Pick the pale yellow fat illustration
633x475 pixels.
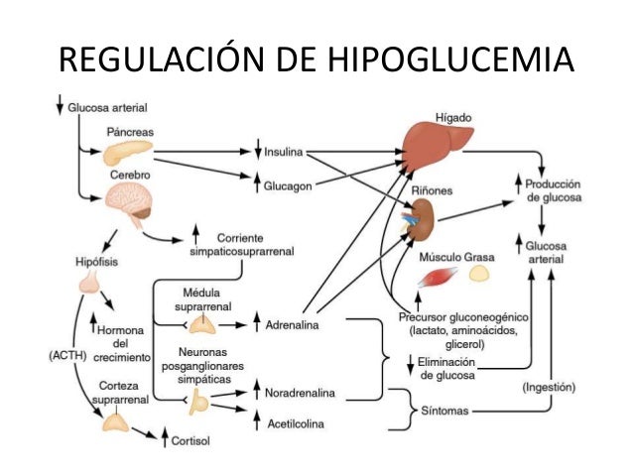(x=479, y=273)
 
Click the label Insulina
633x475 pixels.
(x=284, y=153)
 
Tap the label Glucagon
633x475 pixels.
(x=289, y=185)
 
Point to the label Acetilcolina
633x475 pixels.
(x=298, y=423)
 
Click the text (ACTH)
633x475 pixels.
(x=67, y=352)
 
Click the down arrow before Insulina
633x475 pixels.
(x=256, y=153)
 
